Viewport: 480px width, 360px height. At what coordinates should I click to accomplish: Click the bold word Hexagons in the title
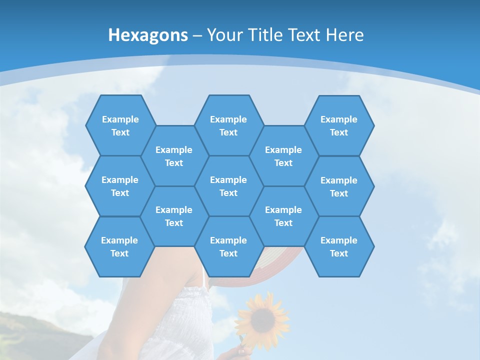pos(148,35)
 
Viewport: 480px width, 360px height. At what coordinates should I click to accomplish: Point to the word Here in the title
pos(344,35)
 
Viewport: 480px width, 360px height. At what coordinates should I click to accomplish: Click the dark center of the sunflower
pos(263,318)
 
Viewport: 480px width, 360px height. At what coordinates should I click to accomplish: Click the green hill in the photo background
pos(30,330)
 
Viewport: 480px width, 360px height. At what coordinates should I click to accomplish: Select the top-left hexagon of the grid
pos(120,125)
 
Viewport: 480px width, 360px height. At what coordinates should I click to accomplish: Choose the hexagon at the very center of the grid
pos(228,186)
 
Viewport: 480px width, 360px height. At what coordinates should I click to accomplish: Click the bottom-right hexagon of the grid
pos(339,246)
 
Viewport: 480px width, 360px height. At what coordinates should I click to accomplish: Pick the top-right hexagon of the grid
pos(339,125)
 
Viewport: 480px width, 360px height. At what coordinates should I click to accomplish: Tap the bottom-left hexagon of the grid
pos(119,246)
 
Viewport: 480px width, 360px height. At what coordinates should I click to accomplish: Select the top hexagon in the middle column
pos(228,125)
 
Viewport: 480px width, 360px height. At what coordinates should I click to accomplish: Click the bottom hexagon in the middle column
pos(228,246)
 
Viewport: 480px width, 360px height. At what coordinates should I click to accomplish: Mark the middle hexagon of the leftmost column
pos(120,186)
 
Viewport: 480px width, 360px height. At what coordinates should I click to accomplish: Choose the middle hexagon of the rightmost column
pos(339,186)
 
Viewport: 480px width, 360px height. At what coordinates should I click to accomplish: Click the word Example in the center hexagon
pos(228,180)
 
